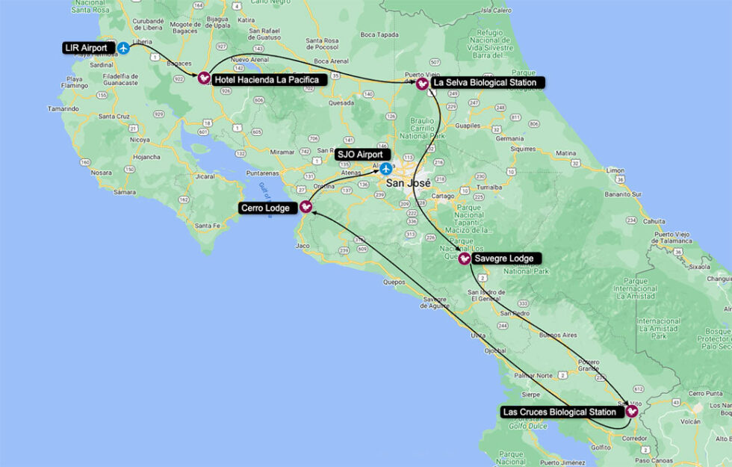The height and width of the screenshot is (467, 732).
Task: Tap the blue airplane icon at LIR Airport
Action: pos(124,48)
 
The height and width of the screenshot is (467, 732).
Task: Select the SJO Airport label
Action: pos(359,154)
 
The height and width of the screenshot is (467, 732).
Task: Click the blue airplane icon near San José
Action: pos(386,168)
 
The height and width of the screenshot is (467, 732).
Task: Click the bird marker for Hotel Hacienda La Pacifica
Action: pos(204,78)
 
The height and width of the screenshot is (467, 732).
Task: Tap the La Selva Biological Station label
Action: pos(484,82)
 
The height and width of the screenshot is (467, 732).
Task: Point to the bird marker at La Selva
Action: pos(422,84)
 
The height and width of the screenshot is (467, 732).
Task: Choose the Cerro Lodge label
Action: pos(266,208)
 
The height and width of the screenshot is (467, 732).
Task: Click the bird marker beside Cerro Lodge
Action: pos(305,207)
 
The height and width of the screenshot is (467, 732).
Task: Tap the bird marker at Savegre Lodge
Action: pos(464,259)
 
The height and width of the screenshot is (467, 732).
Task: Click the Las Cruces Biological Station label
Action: pos(559,412)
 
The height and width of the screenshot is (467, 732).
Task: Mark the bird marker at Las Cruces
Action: pos(632,411)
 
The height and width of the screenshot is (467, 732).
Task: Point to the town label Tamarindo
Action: pos(63,109)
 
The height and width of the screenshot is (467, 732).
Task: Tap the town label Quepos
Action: pos(393,282)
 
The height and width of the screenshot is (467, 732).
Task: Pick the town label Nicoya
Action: pos(140,139)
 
